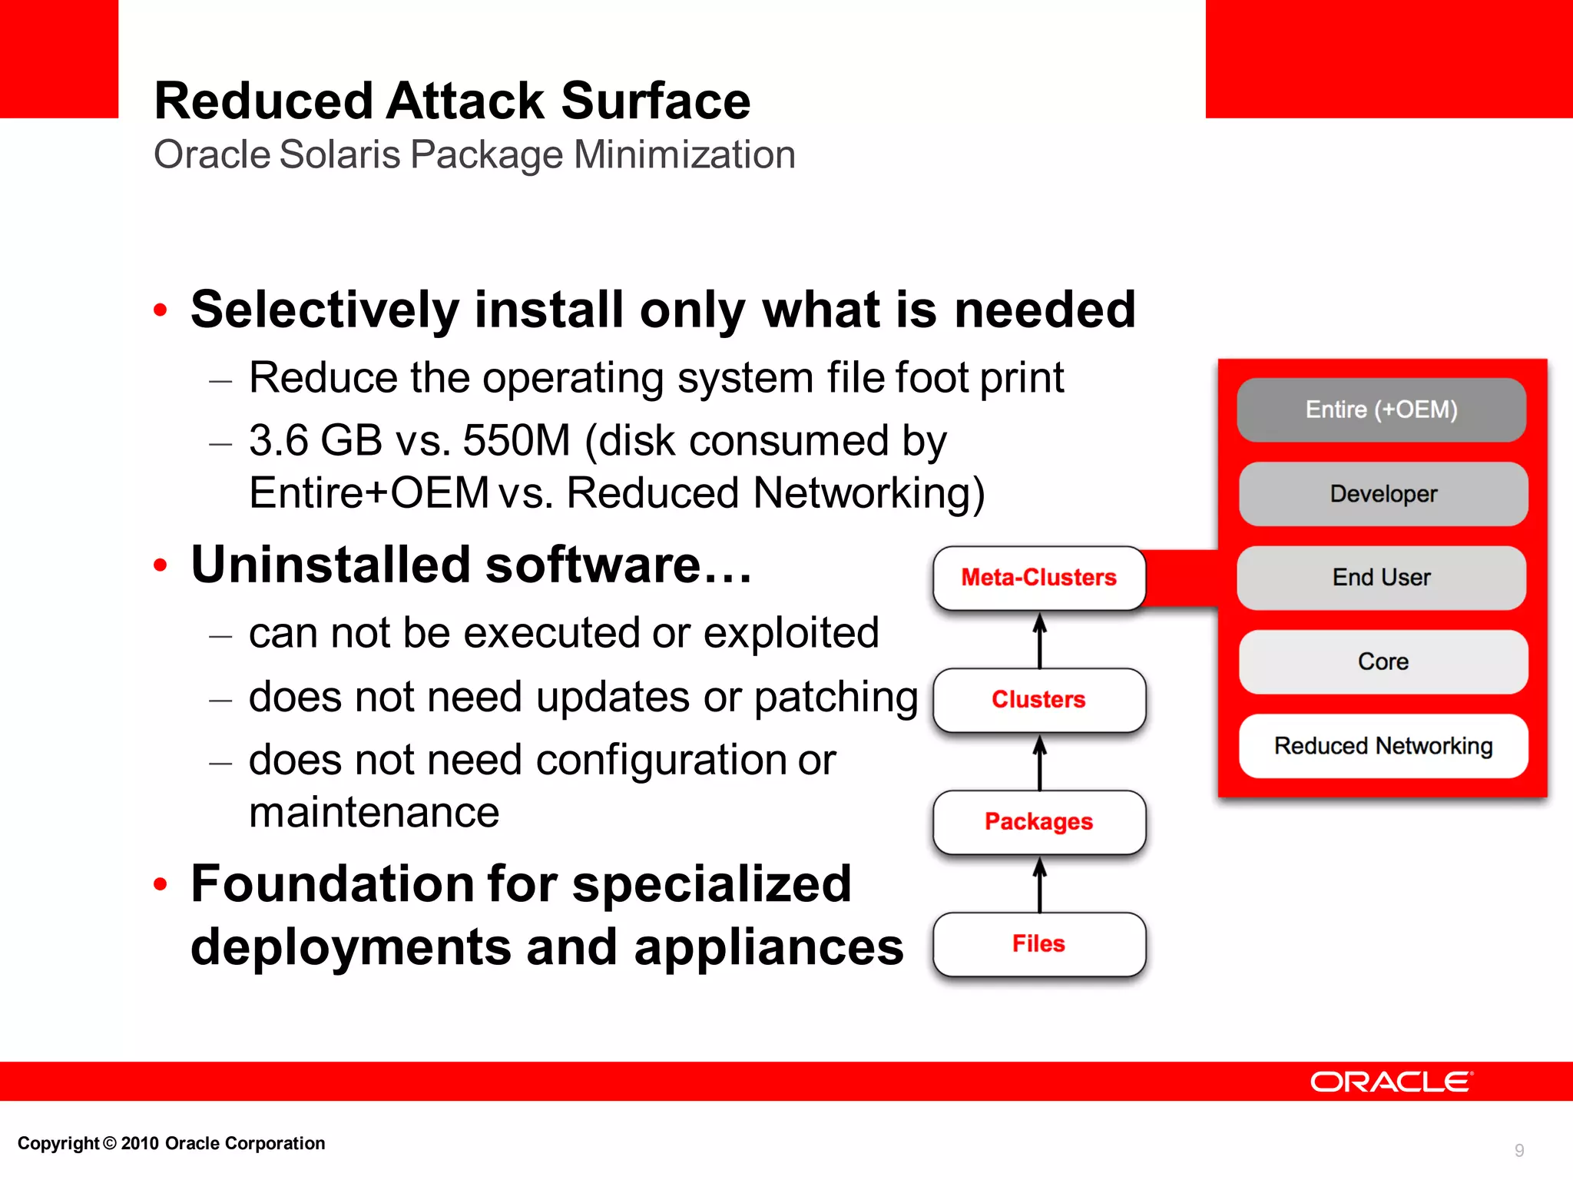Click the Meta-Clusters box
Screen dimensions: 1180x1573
[1039, 578]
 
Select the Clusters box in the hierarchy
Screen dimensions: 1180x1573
[1039, 700]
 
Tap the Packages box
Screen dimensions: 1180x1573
[1039, 822]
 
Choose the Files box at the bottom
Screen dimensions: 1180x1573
[1039, 944]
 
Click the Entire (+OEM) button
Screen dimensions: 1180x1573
[1381, 409]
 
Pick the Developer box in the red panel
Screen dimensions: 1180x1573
[1383, 494]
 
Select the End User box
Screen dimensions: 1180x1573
[1381, 578]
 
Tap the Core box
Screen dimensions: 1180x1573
[1383, 661]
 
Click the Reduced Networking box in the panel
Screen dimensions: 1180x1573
[1383, 746]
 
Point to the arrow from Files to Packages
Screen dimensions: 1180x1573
[1040, 884]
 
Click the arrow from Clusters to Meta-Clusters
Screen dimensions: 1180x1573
[1040, 640]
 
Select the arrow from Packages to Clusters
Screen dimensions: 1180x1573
[1040, 762]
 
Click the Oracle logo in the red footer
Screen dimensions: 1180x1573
[1391, 1082]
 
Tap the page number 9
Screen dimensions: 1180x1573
[1518, 1150]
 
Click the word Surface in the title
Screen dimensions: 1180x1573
[655, 101]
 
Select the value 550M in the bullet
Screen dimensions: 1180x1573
[516, 441]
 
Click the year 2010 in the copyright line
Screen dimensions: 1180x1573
[140, 1143]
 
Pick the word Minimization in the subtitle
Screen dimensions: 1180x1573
[684, 154]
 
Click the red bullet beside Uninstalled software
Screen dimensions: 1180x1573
[160, 565]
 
